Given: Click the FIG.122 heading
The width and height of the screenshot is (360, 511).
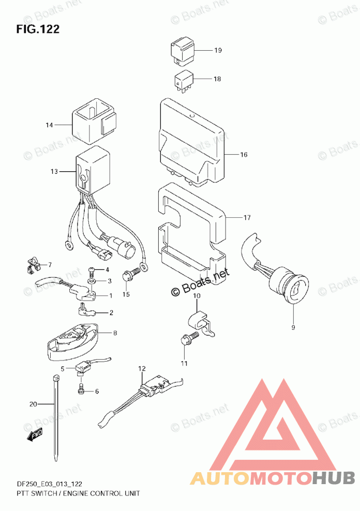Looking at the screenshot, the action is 38,29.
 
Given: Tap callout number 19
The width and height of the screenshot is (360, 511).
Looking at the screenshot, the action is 218,51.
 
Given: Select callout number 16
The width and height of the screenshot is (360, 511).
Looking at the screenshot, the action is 244,155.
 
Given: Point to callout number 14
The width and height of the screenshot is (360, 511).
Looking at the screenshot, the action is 49,125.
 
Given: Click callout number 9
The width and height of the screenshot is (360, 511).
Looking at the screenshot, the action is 292,326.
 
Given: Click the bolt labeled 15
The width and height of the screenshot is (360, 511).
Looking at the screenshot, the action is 129,273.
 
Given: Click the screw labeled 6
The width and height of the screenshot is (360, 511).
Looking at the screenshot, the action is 81,389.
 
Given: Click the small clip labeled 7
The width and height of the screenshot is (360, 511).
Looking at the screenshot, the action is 32,265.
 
